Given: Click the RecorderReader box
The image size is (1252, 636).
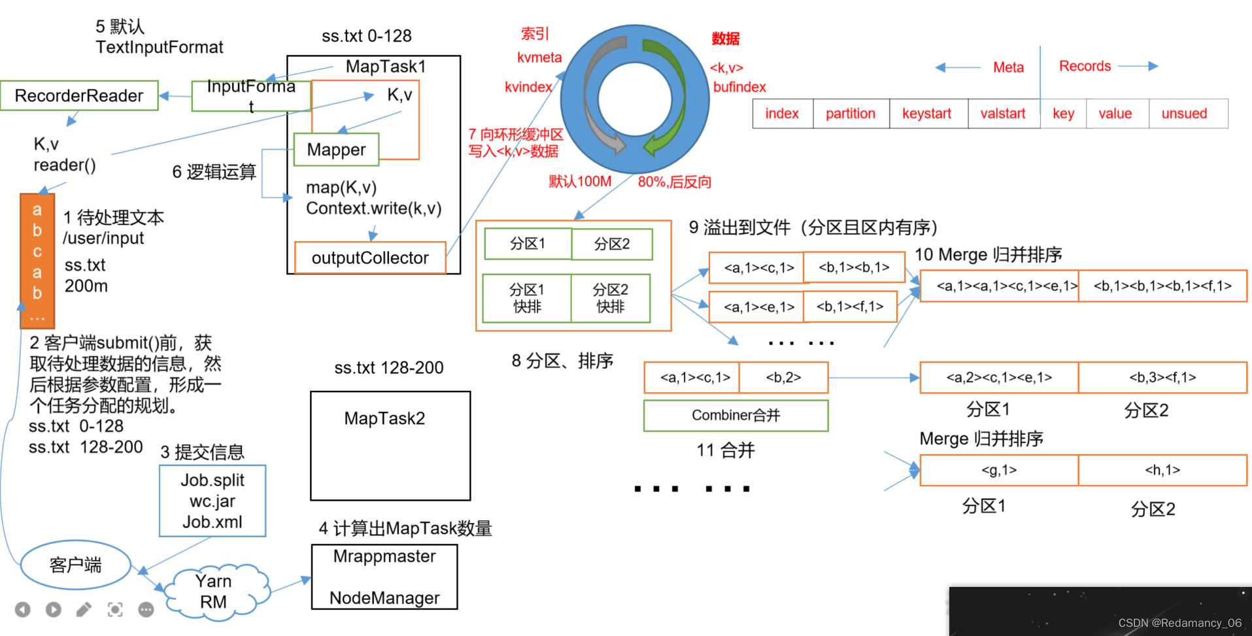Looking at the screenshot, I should [x=79, y=96].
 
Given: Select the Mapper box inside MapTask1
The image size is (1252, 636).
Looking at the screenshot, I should [x=336, y=150].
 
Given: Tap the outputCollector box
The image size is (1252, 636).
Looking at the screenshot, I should [x=370, y=258].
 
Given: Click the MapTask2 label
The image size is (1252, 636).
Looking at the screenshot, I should [x=384, y=418].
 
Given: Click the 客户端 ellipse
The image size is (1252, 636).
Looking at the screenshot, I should [x=76, y=565].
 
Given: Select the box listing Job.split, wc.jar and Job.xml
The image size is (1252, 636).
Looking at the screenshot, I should [x=212, y=501].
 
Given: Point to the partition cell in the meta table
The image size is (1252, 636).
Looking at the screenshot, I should [x=850, y=114].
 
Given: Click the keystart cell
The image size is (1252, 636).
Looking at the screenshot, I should [x=926, y=114].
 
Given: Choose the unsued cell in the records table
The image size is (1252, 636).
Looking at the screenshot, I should [x=1184, y=114].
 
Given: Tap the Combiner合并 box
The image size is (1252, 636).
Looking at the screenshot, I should [x=736, y=416].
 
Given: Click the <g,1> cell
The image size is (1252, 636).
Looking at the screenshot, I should [x=998, y=470].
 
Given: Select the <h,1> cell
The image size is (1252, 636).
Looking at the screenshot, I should [x=1162, y=470].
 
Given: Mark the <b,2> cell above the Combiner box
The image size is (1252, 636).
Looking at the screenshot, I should [x=783, y=378].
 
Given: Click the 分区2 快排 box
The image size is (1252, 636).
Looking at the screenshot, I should [x=610, y=298].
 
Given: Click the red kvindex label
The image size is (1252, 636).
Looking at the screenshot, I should [x=528, y=87].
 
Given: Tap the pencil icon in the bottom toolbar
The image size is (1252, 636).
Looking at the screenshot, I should [x=84, y=610].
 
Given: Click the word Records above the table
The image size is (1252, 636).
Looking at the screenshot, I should [x=1085, y=66].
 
